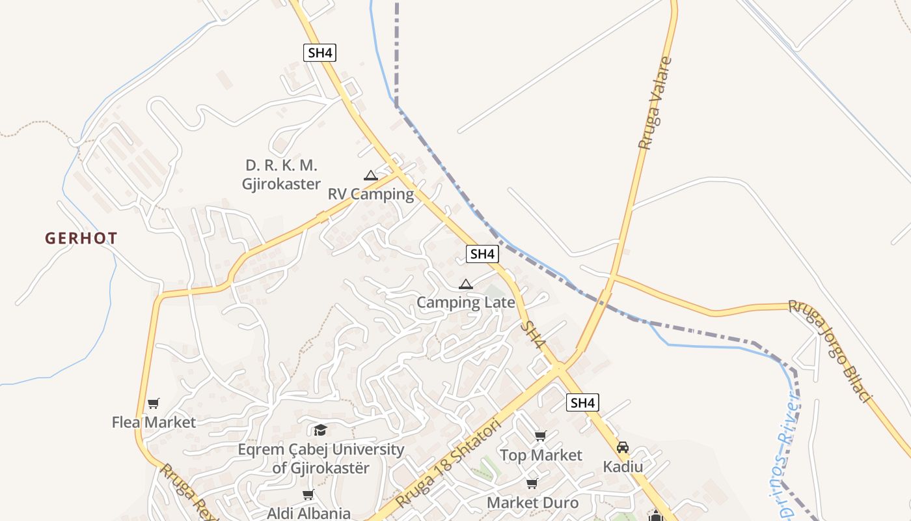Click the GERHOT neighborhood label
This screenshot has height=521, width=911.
pyautogui.click(x=81, y=238)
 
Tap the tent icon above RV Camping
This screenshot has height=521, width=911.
pyautogui.click(x=370, y=175)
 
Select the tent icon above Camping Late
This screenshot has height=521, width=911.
pyautogui.click(x=465, y=284)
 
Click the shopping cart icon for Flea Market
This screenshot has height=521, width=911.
pyautogui.click(x=153, y=404)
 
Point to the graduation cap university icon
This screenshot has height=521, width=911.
pyautogui.click(x=320, y=430)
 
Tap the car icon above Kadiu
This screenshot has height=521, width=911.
pyautogui.click(x=623, y=447)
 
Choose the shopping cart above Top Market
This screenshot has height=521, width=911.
pyautogui.click(x=540, y=436)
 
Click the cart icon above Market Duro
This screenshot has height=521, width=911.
pyautogui.click(x=532, y=483)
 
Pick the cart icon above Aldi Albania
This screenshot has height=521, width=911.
pyautogui.click(x=308, y=495)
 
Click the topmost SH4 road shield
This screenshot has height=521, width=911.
pyautogui.click(x=320, y=53)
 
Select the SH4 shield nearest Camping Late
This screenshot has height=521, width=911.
pyautogui.click(x=482, y=254)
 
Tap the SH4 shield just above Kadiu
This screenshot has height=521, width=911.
pyautogui.click(x=582, y=402)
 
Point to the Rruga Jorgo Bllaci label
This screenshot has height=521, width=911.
pyautogui.click(x=830, y=350)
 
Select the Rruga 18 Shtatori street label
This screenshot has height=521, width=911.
pyautogui.click(x=449, y=464)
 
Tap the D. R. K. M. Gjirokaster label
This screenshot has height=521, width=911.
pyautogui.click(x=281, y=175)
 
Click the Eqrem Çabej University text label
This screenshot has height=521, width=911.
pyautogui.click(x=321, y=458)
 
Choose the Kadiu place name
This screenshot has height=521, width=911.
pyautogui.click(x=623, y=467)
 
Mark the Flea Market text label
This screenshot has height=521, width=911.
pyautogui.click(x=154, y=422)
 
